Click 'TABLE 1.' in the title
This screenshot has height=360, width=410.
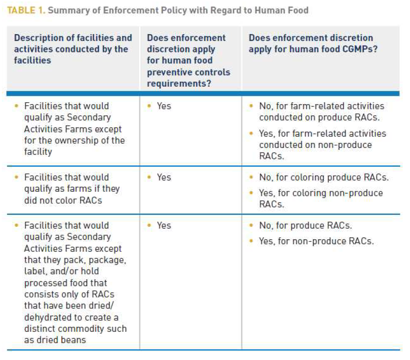pyautogui.click(x=26, y=10)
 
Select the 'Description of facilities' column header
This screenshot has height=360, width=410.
pyautogui.click(x=73, y=49)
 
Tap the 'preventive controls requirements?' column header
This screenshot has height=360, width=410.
pyautogui.click(x=189, y=60)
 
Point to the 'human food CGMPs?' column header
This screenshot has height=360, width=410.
pyautogui.click(x=313, y=43)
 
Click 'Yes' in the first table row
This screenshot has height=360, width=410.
pyautogui.click(x=164, y=106)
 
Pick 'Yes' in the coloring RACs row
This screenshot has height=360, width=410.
pyautogui.click(x=164, y=177)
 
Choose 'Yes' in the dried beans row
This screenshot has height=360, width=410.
pyautogui.click(x=164, y=225)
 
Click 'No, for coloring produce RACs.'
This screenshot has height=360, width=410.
pyautogui.click(x=324, y=177)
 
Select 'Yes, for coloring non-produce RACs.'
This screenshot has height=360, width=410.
pyautogui.click(x=321, y=199)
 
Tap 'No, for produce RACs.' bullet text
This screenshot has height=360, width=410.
pyautogui.click(x=305, y=225)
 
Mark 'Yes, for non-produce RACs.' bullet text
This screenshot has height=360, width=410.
pyautogui.click(x=316, y=241)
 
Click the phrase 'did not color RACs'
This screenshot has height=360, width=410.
pyautogui.click(x=63, y=201)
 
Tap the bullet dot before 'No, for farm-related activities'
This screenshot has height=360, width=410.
pyautogui.click(x=251, y=106)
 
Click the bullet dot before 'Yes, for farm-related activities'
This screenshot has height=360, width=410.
pyautogui.click(x=251, y=133)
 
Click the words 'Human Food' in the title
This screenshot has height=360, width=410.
pyautogui.click(x=281, y=10)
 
